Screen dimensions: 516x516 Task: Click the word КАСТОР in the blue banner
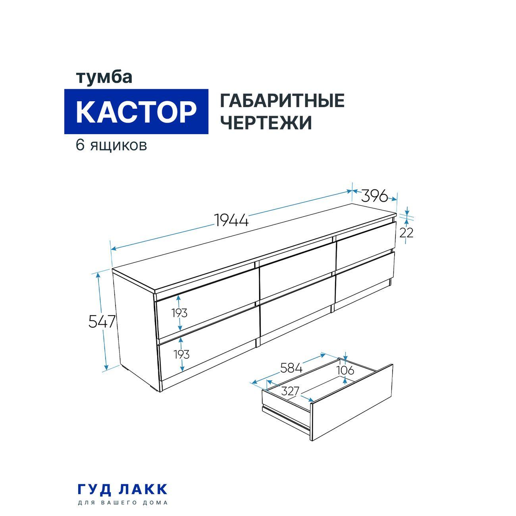136,112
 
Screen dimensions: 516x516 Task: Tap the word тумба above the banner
104,77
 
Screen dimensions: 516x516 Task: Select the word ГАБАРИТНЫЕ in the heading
282,101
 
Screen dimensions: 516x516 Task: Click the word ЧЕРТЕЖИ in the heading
266,123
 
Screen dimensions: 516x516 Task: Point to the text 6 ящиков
112,145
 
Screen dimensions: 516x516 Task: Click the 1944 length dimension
231,219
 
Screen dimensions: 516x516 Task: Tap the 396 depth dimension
374,196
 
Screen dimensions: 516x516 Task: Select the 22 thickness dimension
406,233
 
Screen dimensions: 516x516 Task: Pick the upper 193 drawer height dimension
179,313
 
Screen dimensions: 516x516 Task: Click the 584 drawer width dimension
291,368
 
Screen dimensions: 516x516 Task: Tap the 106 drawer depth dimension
345,370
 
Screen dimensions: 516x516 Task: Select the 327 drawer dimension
290,391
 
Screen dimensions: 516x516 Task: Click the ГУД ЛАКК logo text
122,489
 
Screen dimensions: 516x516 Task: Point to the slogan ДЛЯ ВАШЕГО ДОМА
122,503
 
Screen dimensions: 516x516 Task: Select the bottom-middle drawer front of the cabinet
296,308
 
